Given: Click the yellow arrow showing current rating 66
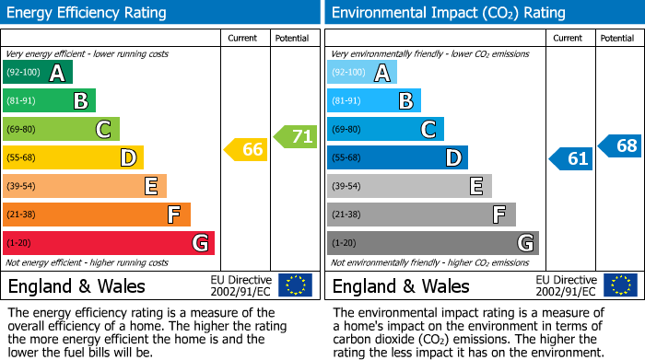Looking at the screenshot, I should [x=247, y=149].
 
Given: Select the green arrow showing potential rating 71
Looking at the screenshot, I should [x=296, y=137].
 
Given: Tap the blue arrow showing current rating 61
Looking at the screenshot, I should [x=571, y=158].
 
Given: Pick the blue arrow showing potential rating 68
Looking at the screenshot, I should [x=620, y=145].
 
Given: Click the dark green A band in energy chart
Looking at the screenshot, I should [x=38, y=73].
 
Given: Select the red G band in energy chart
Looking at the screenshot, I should [x=109, y=243].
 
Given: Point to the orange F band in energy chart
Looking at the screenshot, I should [x=97, y=215].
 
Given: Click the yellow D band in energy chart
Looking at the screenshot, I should [x=73, y=157].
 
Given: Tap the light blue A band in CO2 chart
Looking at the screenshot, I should [x=362, y=73].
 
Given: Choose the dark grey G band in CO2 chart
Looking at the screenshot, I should [x=432, y=243].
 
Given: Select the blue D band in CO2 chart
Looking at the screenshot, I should [x=397, y=157].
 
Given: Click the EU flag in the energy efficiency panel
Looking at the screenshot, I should [x=295, y=285].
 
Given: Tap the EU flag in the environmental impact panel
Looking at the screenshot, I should [x=619, y=285].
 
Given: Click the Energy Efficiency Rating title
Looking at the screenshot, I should [x=88, y=13].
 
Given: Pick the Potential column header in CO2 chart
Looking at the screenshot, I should [x=617, y=38].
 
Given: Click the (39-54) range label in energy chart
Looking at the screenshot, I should [x=20, y=187].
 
